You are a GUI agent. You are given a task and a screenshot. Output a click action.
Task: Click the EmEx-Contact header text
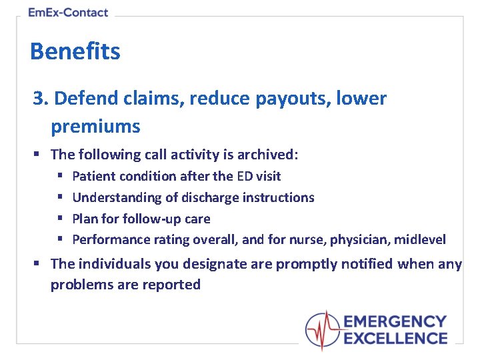pyautogui.click(x=68, y=12)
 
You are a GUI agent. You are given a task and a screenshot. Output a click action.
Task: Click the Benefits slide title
pyautogui.click(x=75, y=51)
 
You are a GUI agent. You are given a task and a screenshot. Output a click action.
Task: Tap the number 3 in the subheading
pyautogui.click(x=39, y=99)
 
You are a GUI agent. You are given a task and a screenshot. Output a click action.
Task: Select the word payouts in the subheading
pyautogui.click(x=280, y=99)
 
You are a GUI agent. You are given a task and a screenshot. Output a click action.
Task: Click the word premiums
pyautogui.click(x=95, y=126)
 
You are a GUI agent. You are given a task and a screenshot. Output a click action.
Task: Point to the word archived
pyautogui.click(x=270, y=155)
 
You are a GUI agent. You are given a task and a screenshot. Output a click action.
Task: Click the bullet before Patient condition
pyautogui.click(x=59, y=176)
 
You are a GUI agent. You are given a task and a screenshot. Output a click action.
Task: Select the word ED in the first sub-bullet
pyautogui.click(x=244, y=176)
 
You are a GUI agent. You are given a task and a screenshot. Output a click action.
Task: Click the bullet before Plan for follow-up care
pyautogui.click(x=59, y=219)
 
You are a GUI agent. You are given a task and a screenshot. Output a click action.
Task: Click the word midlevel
pyautogui.click(x=421, y=239)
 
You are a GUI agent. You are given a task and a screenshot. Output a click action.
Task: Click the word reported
pyautogui.click(x=173, y=285)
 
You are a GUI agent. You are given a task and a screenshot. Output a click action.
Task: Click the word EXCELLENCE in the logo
pyautogui.click(x=395, y=338)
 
